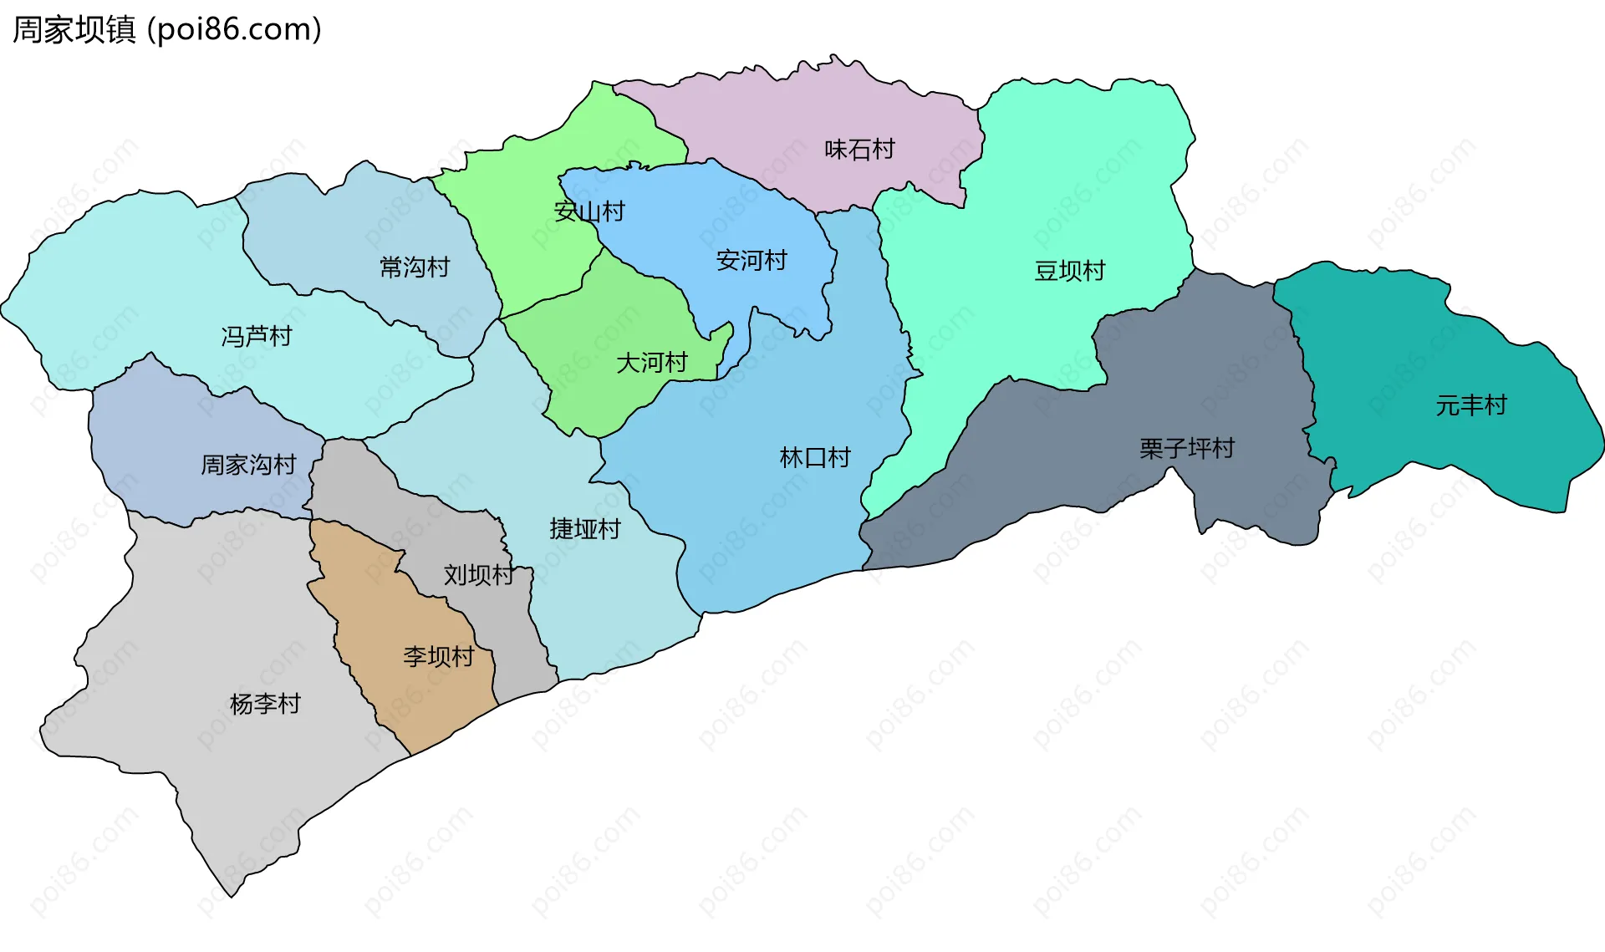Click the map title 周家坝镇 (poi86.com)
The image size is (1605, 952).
tap(166, 30)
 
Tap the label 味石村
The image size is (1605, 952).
tap(859, 150)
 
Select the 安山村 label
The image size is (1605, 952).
tap(589, 211)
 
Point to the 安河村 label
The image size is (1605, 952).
tap(752, 261)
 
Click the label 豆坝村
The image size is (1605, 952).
tap(1069, 271)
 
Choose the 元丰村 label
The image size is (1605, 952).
tap(1470, 405)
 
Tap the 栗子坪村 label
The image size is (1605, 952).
tap(1186, 449)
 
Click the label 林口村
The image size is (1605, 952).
tap(814, 458)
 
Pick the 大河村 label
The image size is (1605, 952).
tap(651, 363)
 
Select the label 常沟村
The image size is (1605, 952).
tap(415, 267)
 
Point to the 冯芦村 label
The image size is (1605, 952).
tap(257, 337)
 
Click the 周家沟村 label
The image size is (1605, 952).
tap(248, 465)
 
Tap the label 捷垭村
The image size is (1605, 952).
tap(584, 529)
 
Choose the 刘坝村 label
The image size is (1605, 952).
tap(478, 575)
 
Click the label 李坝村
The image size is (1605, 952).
tap(438, 657)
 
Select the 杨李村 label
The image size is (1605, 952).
tap(265, 704)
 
